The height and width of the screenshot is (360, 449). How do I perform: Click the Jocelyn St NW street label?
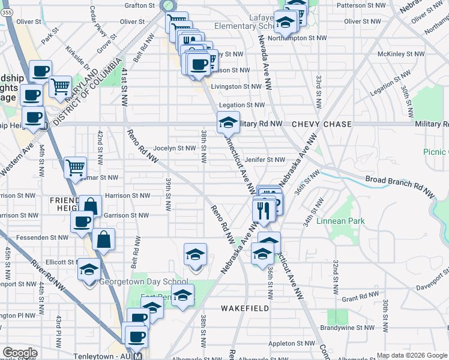pos(175,148)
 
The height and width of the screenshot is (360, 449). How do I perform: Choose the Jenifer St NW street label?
pos(265,160)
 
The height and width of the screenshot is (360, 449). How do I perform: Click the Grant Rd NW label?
pos(358,298)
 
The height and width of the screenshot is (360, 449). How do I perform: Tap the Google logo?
pos(20,353)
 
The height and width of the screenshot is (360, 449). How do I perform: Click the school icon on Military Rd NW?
pos(228,123)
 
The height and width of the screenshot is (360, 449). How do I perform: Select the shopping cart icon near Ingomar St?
pos(76,167)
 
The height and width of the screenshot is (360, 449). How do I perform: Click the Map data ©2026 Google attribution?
pos(411,355)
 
